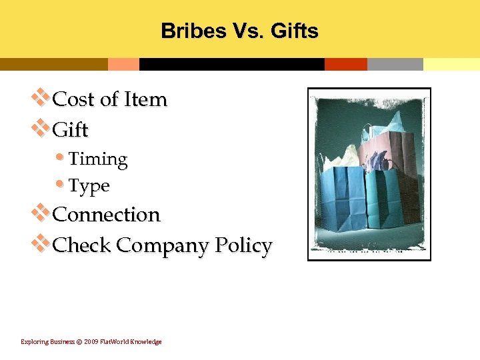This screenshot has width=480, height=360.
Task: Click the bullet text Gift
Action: click(70, 129)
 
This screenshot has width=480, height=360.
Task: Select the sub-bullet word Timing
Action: click(98, 159)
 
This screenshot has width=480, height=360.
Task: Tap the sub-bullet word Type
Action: click(89, 186)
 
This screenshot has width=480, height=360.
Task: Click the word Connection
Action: click(106, 215)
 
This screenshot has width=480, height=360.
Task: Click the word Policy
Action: click(243, 245)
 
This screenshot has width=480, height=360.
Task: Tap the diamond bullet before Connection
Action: click(41, 213)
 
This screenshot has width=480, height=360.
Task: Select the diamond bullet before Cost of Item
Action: click(41, 98)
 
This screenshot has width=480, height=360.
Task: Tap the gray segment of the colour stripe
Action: click(395, 65)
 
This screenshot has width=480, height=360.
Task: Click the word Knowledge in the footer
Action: click(146, 342)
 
